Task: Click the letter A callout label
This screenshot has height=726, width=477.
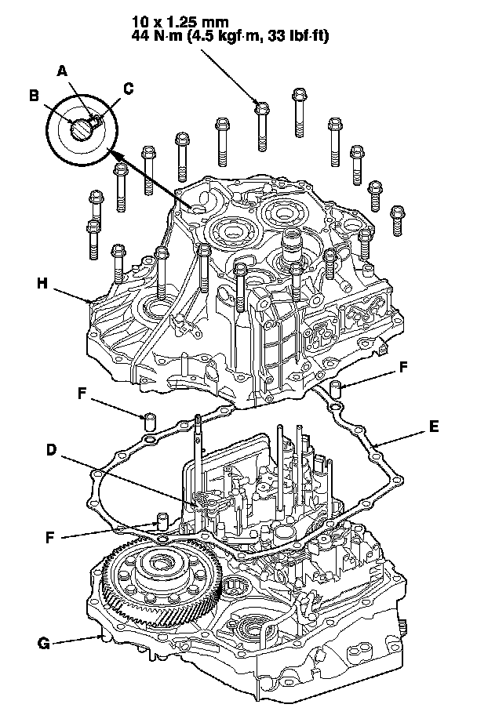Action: pyautogui.click(x=63, y=71)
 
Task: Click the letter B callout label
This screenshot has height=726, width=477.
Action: pyautogui.click(x=35, y=96)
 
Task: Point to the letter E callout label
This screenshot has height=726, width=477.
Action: pyautogui.click(x=434, y=428)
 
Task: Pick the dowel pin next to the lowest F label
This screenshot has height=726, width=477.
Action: pyautogui.click(x=162, y=520)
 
